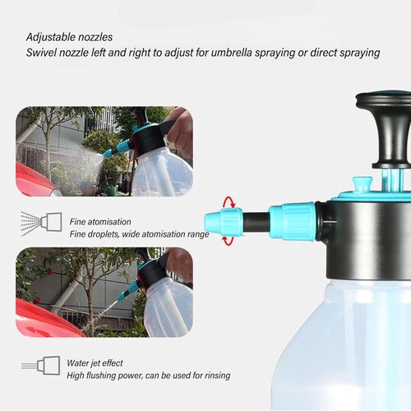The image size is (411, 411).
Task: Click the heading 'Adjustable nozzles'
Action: (69, 37)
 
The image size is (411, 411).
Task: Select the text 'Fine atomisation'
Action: (100, 222)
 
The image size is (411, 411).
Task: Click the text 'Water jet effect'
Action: (95, 363)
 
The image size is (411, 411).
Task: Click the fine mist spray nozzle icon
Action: (41, 224)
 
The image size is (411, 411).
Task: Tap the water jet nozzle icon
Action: (41, 366)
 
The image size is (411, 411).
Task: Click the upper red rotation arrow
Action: (229, 202)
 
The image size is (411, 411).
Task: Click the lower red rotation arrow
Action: (229, 241)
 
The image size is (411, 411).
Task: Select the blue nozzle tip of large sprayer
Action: (224, 222)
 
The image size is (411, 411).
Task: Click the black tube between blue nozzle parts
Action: (256, 222)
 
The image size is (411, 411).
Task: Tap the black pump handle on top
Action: (386, 129)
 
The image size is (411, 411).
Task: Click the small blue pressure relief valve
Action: (362, 184)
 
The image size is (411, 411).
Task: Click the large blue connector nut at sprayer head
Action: (292, 221)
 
